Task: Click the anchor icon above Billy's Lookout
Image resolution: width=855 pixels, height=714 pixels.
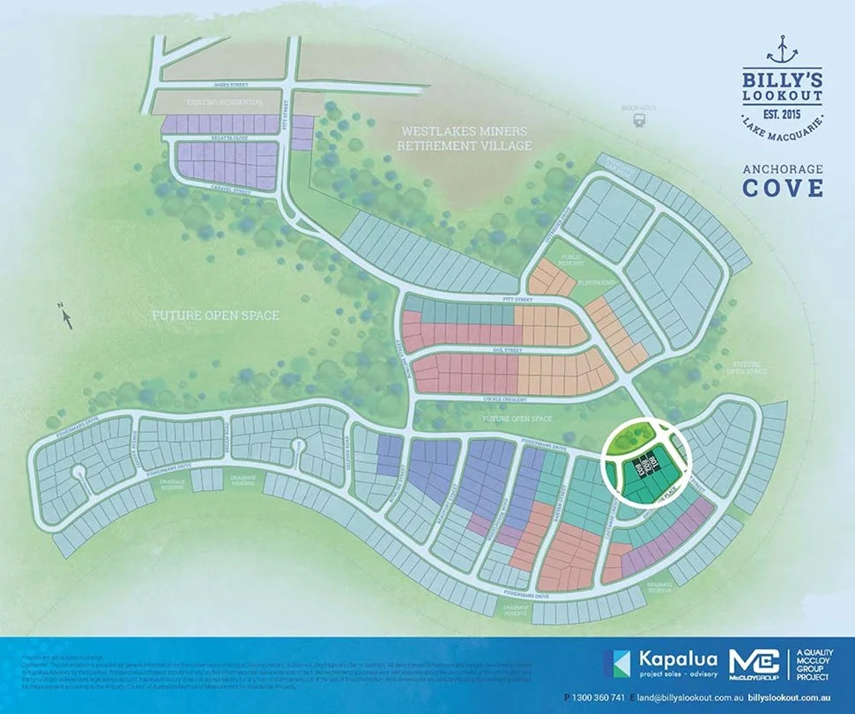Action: [x=782, y=43]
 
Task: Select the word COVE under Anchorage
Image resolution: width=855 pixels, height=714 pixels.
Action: [x=783, y=188]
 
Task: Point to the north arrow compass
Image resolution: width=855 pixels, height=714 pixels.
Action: [x=63, y=313]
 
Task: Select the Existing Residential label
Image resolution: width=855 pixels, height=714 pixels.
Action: [x=225, y=102]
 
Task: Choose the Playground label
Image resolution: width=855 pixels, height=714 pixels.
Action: [x=596, y=283]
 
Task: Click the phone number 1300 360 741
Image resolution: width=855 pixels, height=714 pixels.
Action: [x=607, y=697]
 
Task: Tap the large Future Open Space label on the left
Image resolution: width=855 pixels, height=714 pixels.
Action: [x=216, y=315]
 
